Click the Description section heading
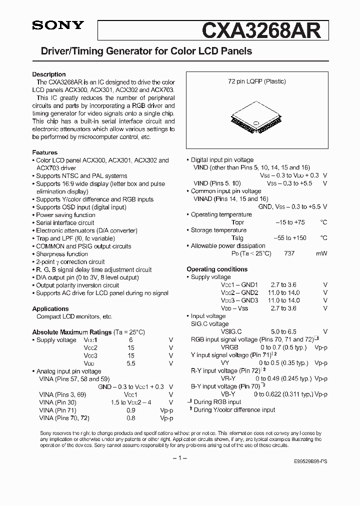(x=49, y=74)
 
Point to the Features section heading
(x=45, y=152)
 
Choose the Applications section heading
(x=50, y=309)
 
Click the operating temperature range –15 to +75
(x=291, y=222)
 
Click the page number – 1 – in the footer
(x=179, y=458)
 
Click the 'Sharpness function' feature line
(x=61, y=254)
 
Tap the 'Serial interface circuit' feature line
(x=65, y=223)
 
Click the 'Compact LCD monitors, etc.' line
(x=74, y=316)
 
